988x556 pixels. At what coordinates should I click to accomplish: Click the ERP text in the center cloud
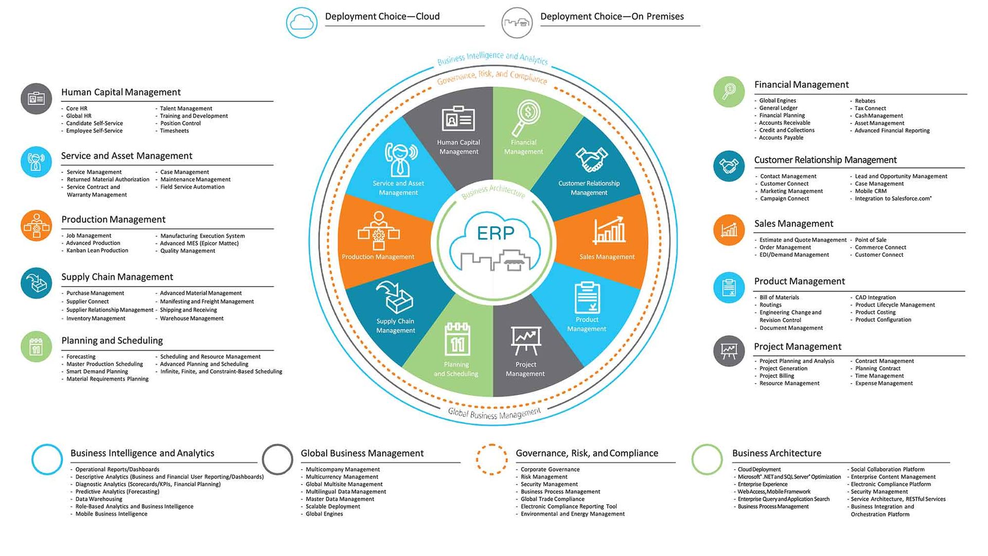pyautogui.click(x=495, y=233)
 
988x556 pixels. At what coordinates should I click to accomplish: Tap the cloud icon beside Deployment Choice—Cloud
pyautogui.click(x=302, y=23)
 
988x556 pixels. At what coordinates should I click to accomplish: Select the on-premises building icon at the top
pyautogui.click(x=517, y=23)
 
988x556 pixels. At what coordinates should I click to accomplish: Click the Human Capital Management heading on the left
pyautogui.click(x=121, y=92)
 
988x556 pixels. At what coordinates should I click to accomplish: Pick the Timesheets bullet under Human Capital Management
pyautogui.click(x=174, y=131)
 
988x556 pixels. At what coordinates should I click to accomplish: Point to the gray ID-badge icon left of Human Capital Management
pyautogui.click(x=36, y=98)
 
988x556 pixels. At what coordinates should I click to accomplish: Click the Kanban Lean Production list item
pyautogui.click(x=97, y=250)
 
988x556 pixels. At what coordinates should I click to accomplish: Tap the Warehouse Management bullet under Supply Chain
pyautogui.click(x=191, y=318)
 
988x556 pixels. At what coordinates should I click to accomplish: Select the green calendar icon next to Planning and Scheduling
pyautogui.click(x=36, y=346)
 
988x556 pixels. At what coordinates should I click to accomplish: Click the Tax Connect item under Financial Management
pyautogui.click(x=870, y=108)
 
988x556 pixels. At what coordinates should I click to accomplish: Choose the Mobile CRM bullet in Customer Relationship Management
pyautogui.click(x=871, y=191)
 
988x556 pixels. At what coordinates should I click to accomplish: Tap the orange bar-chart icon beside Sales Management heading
pyautogui.click(x=729, y=229)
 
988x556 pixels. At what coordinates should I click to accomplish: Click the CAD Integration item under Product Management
pyautogui.click(x=875, y=297)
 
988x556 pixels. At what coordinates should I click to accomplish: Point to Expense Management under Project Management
pyautogui.click(x=884, y=383)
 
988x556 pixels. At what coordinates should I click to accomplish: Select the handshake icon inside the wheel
pyautogui.click(x=591, y=159)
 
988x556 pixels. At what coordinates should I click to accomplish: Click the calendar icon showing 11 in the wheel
pyautogui.click(x=457, y=339)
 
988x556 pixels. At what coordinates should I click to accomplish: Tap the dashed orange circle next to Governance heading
pyautogui.click(x=491, y=459)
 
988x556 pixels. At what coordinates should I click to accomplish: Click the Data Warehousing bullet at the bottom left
pyautogui.click(x=99, y=499)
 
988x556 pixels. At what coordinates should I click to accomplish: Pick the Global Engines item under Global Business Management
pyautogui.click(x=324, y=514)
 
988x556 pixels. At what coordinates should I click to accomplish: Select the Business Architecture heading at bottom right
pyautogui.click(x=777, y=453)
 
